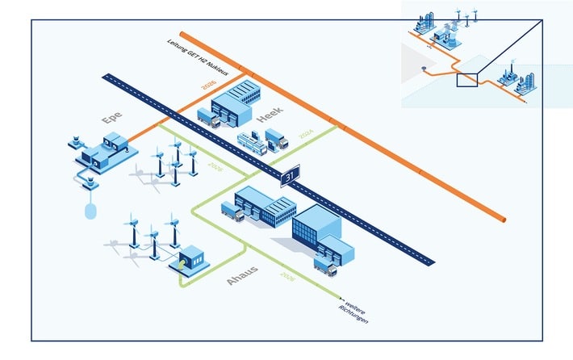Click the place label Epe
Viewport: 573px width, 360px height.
[113, 119]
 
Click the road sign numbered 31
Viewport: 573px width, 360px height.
[291, 176]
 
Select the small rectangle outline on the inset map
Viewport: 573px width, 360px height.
[468, 79]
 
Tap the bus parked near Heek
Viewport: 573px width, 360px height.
[253, 144]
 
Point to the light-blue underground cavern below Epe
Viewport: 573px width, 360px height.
[90, 211]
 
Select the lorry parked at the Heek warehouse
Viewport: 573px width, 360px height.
[208, 119]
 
